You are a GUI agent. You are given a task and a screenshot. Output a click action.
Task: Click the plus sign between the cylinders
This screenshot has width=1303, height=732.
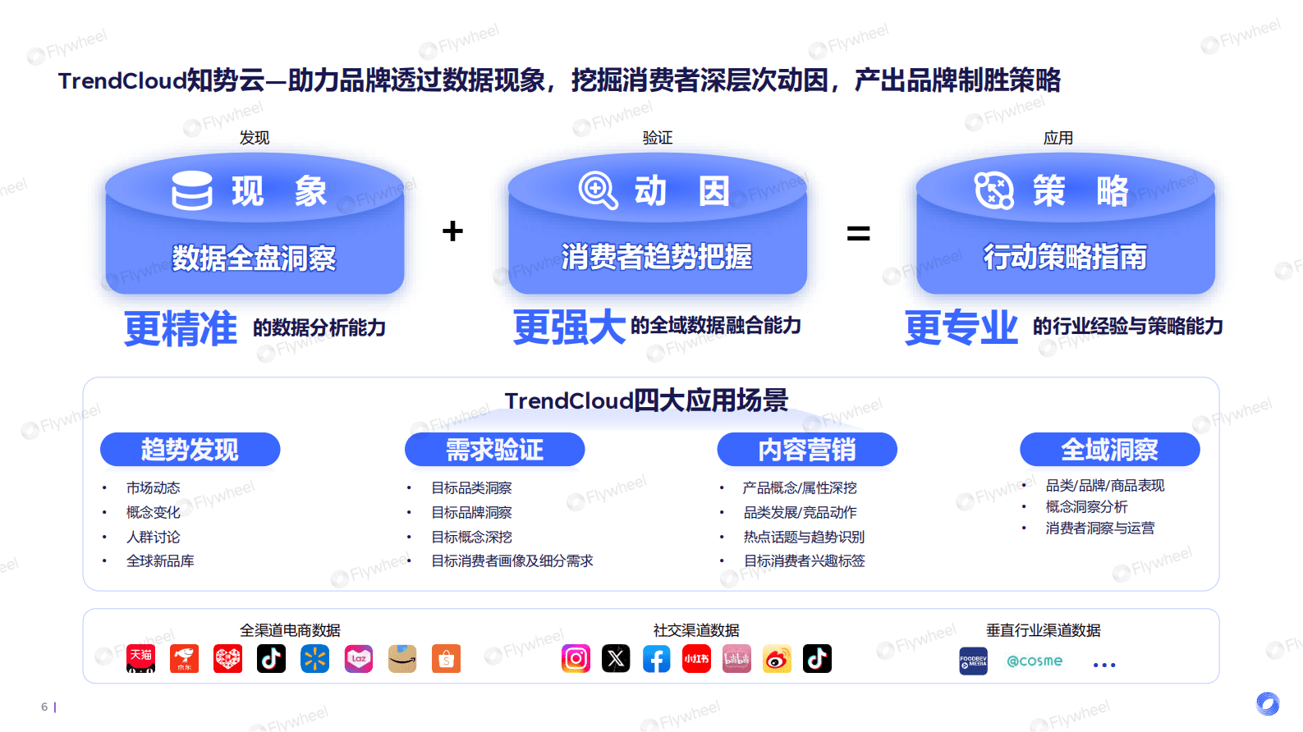coord(452,231)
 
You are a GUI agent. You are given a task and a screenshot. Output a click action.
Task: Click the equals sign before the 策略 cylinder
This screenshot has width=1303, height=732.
coord(858,235)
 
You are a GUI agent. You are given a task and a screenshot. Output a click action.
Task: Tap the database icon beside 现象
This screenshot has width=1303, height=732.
coord(192,190)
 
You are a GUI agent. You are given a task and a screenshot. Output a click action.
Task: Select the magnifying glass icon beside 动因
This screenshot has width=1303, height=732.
coord(598,190)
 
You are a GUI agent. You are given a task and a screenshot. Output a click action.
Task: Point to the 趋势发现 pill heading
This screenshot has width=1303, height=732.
coord(190,450)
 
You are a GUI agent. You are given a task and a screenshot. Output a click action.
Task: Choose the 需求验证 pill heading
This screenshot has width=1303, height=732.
coord(494,450)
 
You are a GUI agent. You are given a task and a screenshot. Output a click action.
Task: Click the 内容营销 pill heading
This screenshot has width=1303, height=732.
coord(806,450)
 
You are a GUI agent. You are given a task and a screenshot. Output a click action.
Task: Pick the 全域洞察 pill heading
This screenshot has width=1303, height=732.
coord(1109,450)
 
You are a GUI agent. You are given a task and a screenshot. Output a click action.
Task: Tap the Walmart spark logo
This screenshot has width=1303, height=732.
coord(314,658)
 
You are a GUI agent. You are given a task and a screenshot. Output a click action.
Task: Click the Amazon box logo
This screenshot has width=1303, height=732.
coord(402,658)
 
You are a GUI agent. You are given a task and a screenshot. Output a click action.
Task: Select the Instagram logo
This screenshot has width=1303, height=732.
coord(576,658)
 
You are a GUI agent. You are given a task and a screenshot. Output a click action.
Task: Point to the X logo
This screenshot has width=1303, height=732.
coord(616,658)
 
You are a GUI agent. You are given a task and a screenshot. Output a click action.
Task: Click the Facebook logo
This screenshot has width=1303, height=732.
coord(656,658)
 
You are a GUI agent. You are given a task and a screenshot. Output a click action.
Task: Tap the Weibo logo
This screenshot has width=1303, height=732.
coord(777,658)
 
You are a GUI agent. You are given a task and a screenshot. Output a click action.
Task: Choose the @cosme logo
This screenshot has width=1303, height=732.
coord(1035,661)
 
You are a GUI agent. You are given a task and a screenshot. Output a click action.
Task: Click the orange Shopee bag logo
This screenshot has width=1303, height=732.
coord(446,658)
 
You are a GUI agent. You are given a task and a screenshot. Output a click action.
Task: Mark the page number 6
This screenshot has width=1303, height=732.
coord(44,707)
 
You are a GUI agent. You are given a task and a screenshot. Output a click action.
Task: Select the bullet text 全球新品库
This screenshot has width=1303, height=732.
coord(160,561)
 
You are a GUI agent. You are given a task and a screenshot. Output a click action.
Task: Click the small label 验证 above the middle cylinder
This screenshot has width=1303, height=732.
coord(657,138)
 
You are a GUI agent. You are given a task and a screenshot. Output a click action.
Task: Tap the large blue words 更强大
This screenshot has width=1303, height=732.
coord(569,327)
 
